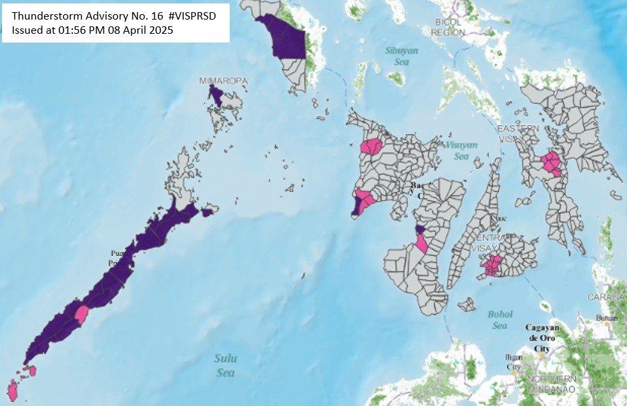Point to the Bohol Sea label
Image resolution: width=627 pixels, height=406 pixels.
(500, 320)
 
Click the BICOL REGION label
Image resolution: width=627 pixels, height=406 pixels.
(448, 27)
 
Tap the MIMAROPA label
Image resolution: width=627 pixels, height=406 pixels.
(223, 81)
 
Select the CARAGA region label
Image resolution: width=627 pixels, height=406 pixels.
(611, 297)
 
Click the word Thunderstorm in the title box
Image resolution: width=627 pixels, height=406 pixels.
(45, 16)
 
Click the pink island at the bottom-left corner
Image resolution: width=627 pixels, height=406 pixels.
(12, 390)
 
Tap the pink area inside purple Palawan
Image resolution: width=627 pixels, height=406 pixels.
(81, 314)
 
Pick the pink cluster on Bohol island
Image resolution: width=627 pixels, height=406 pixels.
(493, 266)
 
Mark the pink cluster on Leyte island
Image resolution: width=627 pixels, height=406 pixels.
(551, 163)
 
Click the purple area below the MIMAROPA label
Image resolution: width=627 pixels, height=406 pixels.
(216, 97)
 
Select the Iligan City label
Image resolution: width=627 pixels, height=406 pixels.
(513, 361)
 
